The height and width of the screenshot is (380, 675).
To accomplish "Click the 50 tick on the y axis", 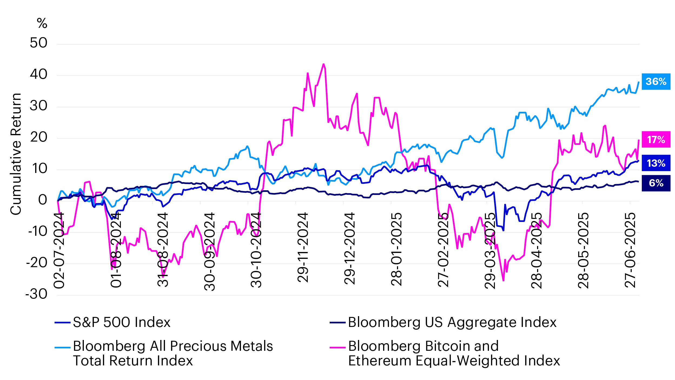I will (38, 43).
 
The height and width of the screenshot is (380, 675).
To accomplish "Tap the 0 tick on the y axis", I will (42, 200).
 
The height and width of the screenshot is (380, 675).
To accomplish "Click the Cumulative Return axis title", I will (16, 154).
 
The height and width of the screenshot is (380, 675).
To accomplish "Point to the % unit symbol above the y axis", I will (42, 23).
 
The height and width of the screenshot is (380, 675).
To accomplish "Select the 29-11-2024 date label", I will (303, 248).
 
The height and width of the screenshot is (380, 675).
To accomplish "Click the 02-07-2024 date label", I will (59, 250).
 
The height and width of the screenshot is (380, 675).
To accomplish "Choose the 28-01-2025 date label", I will (396, 249).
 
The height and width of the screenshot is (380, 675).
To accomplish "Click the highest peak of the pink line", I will (323, 64).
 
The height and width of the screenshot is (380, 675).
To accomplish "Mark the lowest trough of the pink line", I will (503, 281).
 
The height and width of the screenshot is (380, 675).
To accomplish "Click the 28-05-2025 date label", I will (583, 250).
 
